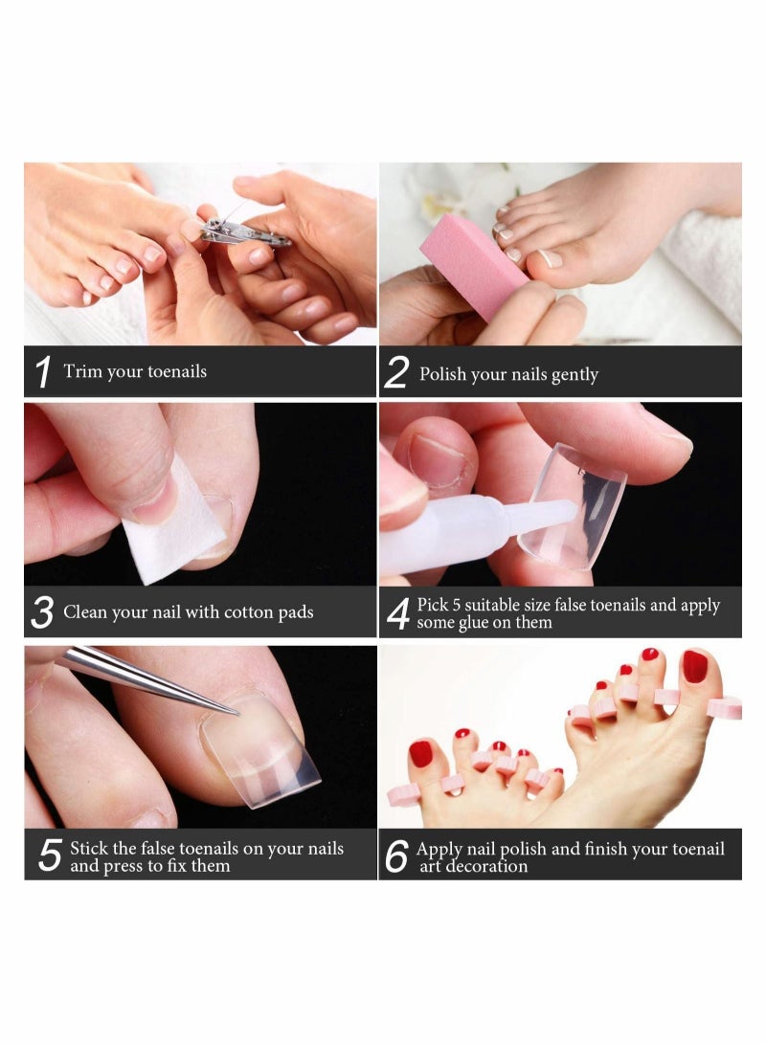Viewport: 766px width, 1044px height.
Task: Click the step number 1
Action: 42,372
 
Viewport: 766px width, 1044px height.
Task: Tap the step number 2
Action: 396,373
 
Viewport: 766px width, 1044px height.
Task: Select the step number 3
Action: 42,613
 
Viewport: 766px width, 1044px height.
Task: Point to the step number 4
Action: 397,613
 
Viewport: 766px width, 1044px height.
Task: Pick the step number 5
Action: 50,855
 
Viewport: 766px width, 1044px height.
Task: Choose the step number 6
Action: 396,856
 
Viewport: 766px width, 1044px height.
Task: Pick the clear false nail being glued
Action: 574,507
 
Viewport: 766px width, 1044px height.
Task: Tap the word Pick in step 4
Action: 434,606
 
